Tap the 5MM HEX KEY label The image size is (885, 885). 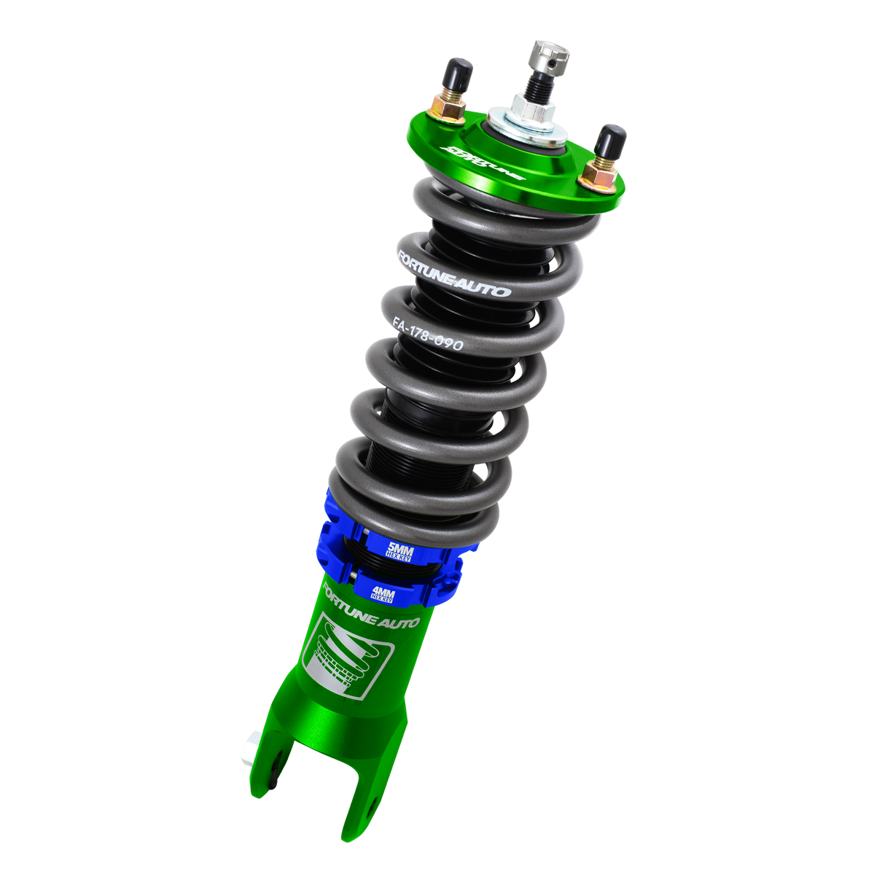pos(400,552)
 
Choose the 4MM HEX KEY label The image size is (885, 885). pos(383,593)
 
